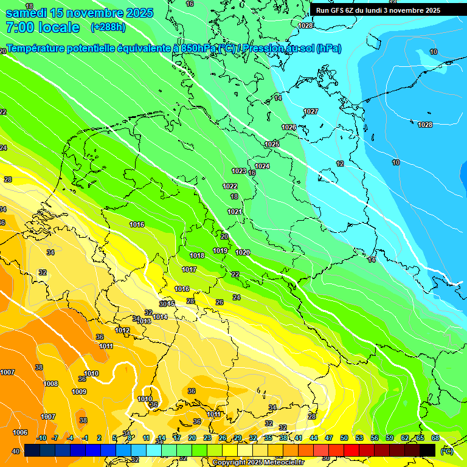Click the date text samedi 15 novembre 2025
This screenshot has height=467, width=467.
(79, 13)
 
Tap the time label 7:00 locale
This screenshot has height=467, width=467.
(42, 27)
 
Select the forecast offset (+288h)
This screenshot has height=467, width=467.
(108, 27)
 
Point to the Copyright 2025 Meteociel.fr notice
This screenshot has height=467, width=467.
(258, 462)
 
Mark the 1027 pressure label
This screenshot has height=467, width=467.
(311, 111)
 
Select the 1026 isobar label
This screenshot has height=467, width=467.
(289, 127)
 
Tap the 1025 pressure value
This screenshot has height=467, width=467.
(272, 144)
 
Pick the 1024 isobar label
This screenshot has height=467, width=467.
(262, 166)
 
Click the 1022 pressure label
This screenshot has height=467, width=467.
(230, 186)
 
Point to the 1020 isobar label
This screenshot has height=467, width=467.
(243, 252)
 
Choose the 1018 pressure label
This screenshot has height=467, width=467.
(197, 255)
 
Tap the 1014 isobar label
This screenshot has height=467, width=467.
(161, 317)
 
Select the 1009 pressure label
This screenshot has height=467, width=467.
(79, 392)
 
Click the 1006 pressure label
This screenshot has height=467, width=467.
(20, 432)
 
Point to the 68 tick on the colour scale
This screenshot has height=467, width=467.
(435, 438)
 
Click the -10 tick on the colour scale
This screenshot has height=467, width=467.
(42, 438)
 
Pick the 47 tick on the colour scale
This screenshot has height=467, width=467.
(329, 438)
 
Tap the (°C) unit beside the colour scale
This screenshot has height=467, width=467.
(447, 451)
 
